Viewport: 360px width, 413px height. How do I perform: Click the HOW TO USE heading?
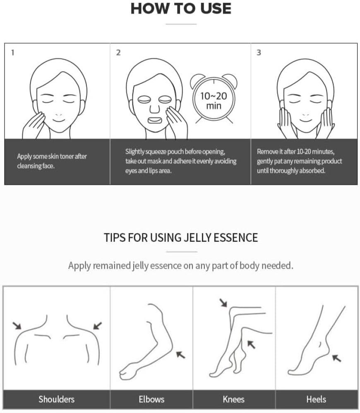tap(181, 8)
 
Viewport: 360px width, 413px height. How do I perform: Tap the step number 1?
tap(13, 53)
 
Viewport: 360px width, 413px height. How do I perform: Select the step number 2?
tap(118, 53)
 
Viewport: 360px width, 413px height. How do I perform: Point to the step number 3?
tap(259, 53)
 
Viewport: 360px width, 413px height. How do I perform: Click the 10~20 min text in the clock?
tap(214, 101)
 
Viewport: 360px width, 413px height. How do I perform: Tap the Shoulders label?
tap(56, 399)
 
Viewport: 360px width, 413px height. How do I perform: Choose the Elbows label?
tap(151, 399)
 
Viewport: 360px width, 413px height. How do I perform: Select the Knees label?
tap(233, 399)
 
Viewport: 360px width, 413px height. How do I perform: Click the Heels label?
tap(316, 399)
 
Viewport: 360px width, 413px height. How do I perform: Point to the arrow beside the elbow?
tap(180, 355)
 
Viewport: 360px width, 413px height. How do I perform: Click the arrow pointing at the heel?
tap(336, 358)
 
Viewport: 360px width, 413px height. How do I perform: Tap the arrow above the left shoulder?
tap(17, 325)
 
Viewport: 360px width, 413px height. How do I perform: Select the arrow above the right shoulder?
tap(98, 325)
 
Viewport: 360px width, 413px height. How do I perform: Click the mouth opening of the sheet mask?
tap(154, 121)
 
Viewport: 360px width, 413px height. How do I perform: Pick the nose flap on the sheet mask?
tap(155, 108)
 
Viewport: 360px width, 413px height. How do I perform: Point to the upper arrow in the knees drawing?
tap(223, 303)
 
